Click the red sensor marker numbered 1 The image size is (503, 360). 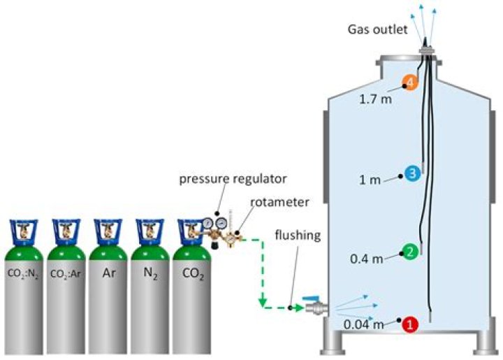pyautogui.click(x=410, y=324)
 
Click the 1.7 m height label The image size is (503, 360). pyautogui.click(x=375, y=99)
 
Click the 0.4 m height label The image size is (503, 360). pyautogui.click(x=366, y=259)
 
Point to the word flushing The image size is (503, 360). pyautogui.click(x=297, y=235)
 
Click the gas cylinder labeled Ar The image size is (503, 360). pyautogui.click(x=109, y=294)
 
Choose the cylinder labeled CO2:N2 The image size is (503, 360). pyautogui.click(x=24, y=294)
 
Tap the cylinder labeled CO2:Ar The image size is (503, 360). pyautogui.click(x=66, y=294)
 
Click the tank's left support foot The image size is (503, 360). pyautogui.click(x=332, y=343)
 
